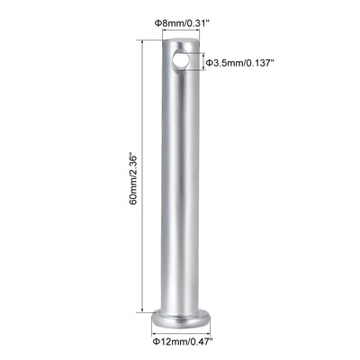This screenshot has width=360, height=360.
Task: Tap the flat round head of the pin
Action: tap(183, 319)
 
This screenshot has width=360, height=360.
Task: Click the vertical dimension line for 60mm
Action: tap(141, 176)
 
